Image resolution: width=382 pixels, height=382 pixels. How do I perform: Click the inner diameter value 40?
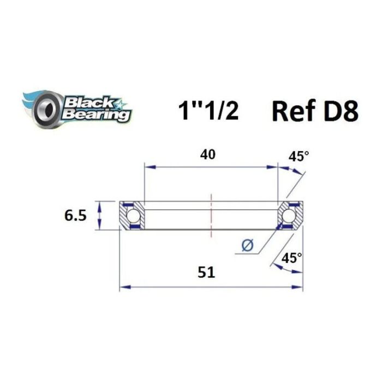click(x=208, y=154)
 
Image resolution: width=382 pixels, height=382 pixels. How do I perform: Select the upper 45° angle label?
click(x=298, y=157)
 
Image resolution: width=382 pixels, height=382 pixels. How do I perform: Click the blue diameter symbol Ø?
click(x=247, y=246)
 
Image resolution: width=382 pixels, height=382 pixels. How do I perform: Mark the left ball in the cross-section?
click(x=132, y=216)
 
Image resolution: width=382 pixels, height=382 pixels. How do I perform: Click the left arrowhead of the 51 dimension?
click(x=123, y=286)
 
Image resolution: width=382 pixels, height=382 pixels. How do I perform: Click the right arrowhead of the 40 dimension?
click(x=274, y=167)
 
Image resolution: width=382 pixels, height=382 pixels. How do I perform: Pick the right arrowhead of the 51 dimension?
click(x=298, y=286)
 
